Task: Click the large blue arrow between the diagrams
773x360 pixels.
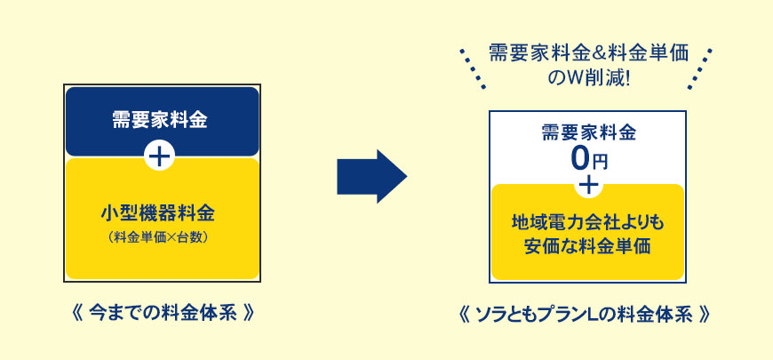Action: pyautogui.click(x=371, y=175)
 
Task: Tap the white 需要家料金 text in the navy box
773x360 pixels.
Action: pyautogui.click(x=160, y=120)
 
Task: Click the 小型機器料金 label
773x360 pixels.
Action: pyautogui.click(x=160, y=214)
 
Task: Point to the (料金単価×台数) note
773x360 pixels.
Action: pyautogui.click(x=160, y=237)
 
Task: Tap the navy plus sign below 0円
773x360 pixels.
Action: pyautogui.click(x=588, y=185)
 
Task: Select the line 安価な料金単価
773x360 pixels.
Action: pyautogui.click(x=588, y=245)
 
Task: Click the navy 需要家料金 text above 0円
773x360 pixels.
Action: pyautogui.click(x=589, y=133)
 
